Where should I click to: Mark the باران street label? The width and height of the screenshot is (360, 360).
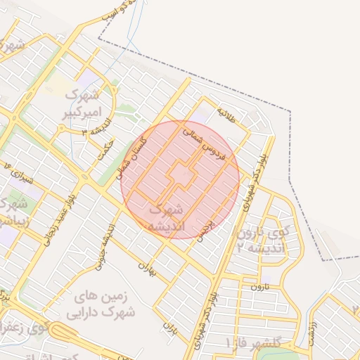(x=169, y=327)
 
